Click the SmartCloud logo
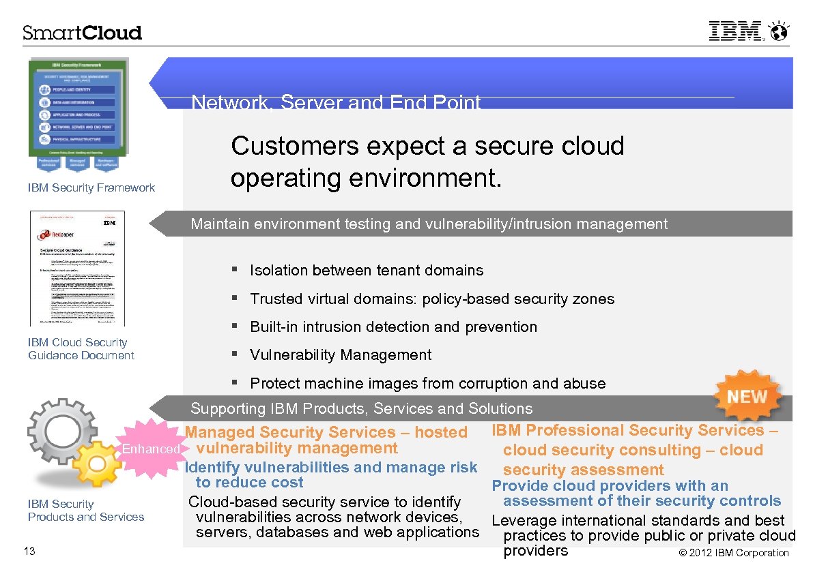tap(83, 33)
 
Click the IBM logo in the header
tap(735, 31)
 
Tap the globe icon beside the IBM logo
tap(779, 31)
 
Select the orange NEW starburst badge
tap(747, 396)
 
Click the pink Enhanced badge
tap(152, 449)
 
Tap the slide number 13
tap(29, 551)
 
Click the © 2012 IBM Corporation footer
tap(734, 553)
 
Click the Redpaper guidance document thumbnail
tap(78, 268)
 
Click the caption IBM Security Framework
tap(91, 187)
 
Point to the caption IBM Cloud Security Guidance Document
tap(81, 348)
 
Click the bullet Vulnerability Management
tap(341, 355)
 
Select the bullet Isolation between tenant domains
tap(367, 271)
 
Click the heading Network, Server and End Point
tap(336, 103)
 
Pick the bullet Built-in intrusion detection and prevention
tap(393, 327)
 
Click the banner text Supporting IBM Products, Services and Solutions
tap(361, 409)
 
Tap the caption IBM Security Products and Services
tap(85, 510)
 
